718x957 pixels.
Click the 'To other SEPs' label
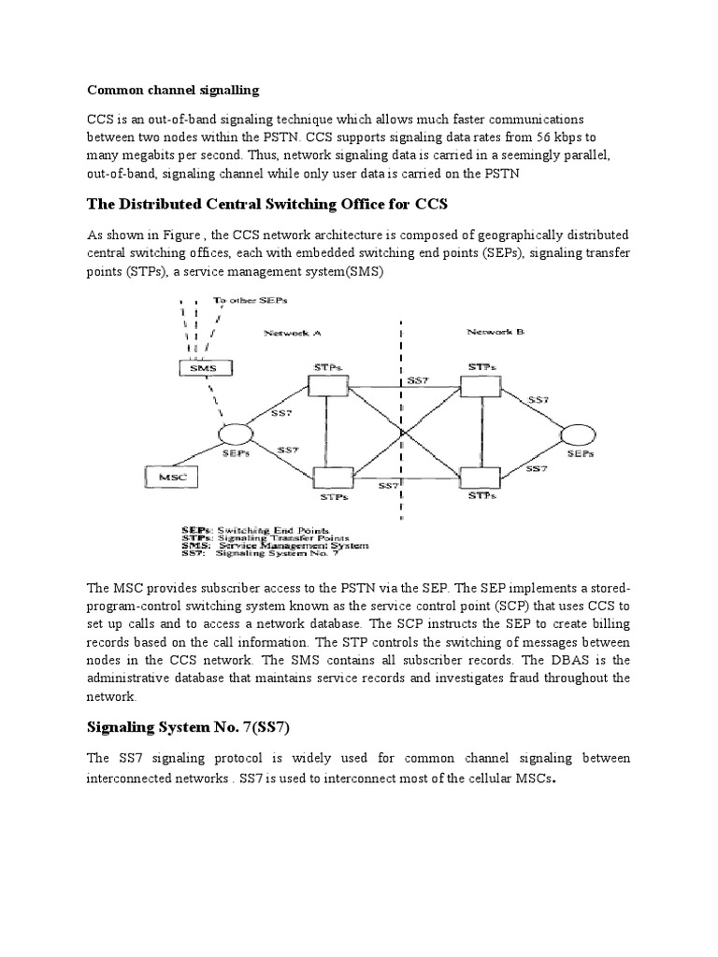coord(251,301)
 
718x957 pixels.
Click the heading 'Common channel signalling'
coord(173,91)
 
